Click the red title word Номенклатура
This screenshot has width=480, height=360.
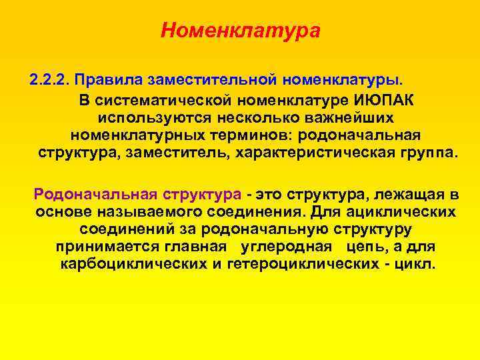240,31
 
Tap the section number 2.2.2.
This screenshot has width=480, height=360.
50,81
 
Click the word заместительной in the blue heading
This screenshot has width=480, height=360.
213,81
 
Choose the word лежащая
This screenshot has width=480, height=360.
396,195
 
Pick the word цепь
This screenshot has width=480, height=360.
366,247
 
